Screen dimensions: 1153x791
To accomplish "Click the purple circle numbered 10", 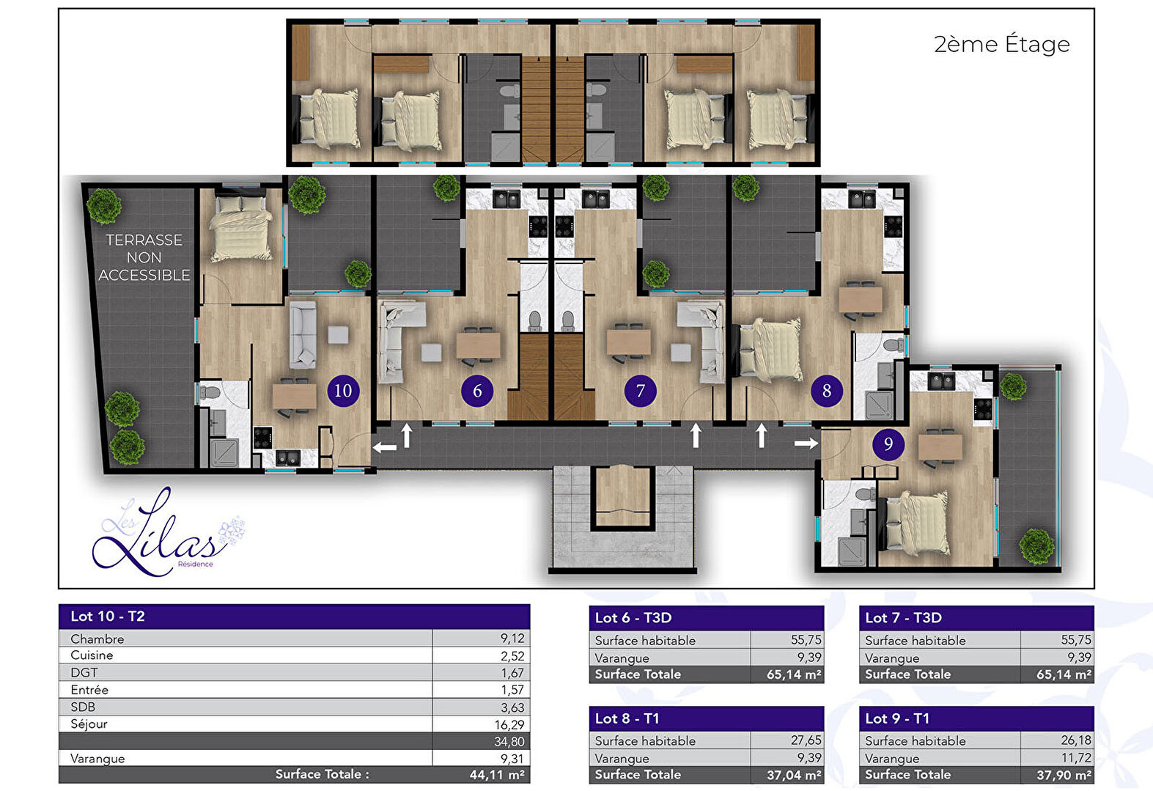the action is coord(343,391).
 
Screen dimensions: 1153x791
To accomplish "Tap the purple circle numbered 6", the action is coord(477,391).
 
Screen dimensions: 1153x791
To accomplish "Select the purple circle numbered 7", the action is coord(641,391).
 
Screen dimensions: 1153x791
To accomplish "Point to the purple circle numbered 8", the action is coord(827,391).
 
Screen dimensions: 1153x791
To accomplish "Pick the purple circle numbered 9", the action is coord(888,444).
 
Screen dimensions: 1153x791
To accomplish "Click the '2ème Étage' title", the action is coord(1002,44).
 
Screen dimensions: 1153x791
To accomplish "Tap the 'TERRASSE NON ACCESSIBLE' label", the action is coord(144,257).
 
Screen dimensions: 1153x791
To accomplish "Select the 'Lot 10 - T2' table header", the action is coord(108,616).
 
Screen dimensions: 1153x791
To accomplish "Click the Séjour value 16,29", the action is coord(509,724).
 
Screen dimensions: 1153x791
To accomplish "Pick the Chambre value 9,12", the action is coord(512,639).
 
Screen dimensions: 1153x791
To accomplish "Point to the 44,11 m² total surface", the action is coord(497,775).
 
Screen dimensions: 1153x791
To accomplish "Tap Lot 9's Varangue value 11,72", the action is coord(1076,757).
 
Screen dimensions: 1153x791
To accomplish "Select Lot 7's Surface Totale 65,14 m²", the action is coord(1064,674).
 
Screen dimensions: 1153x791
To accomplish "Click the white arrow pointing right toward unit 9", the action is coord(806,443).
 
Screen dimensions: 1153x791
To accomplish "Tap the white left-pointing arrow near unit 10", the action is coord(385,447).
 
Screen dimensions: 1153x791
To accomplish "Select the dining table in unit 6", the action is coord(478,345).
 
